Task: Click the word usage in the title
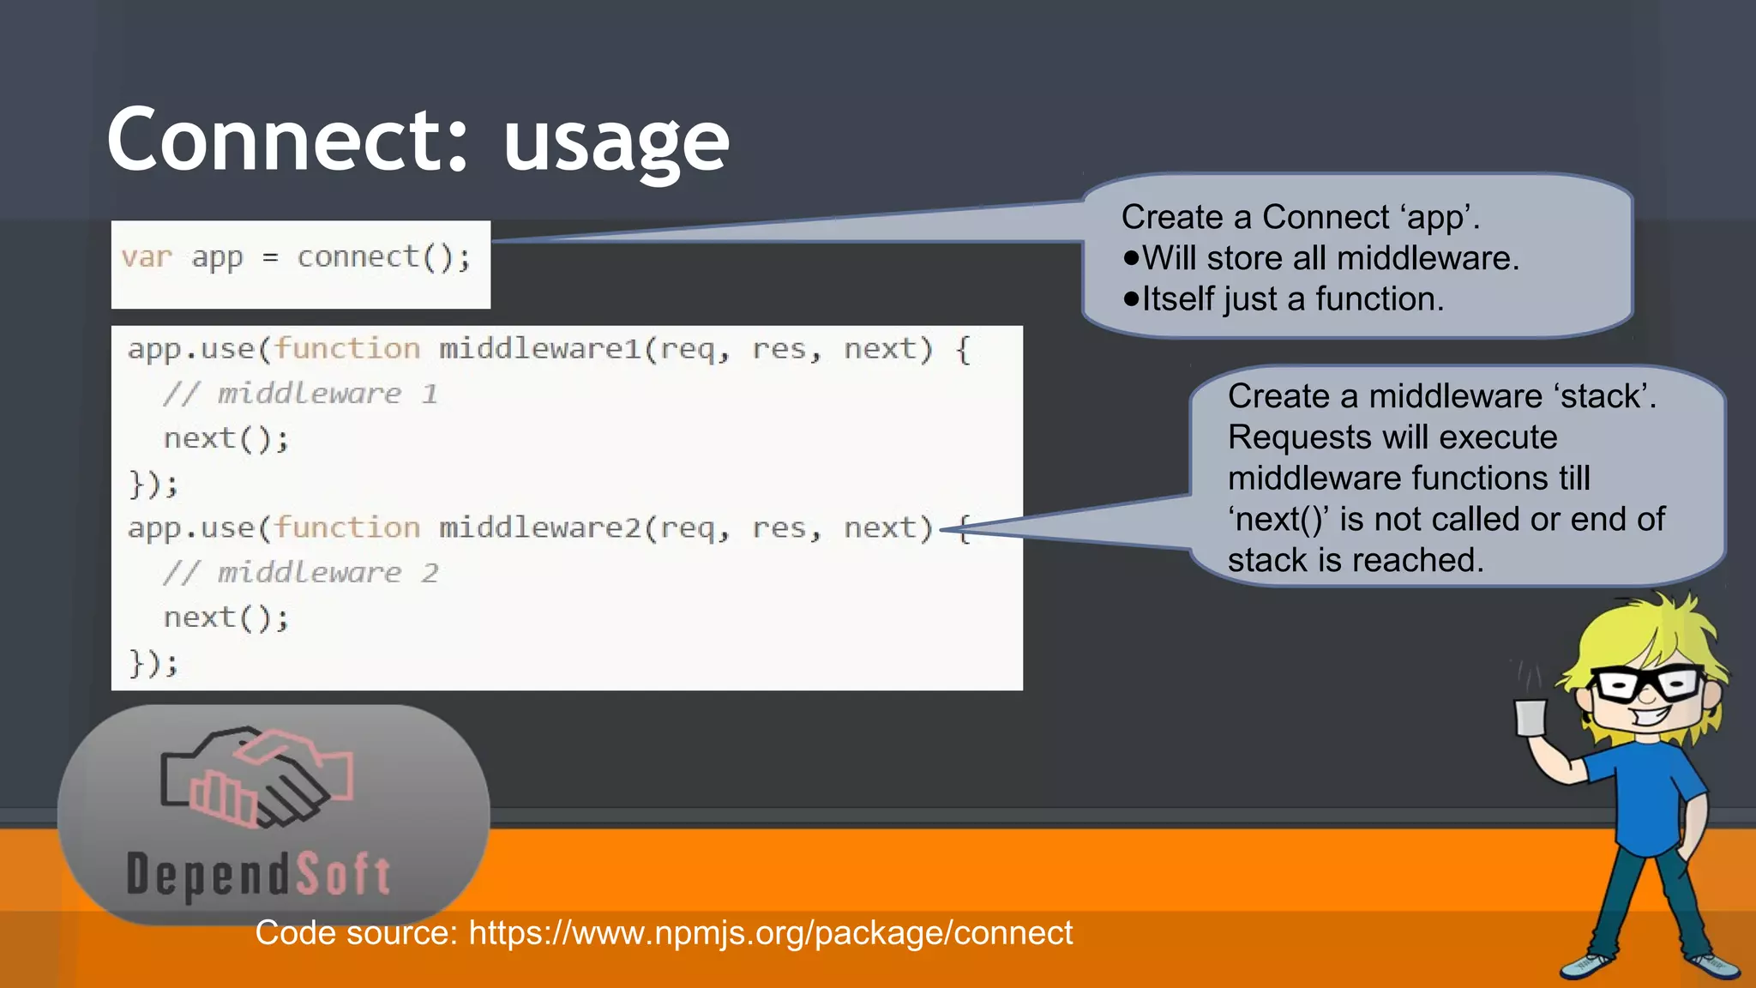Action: [616, 144]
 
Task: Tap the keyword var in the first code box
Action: [147, 257]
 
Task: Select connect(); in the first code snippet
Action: [383, 257]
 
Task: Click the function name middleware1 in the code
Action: [539, 349]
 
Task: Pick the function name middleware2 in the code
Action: [539, 528]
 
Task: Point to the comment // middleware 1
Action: [300, 394]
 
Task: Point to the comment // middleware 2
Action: [300, 573]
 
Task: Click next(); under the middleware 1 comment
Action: [226, 439]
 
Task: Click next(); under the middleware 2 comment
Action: [226, 618]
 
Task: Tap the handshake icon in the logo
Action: [257, 777]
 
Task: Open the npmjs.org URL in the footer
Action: [770, 933]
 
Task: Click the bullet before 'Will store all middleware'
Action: [1131, 258]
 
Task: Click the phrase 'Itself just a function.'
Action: [1293, 299]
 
